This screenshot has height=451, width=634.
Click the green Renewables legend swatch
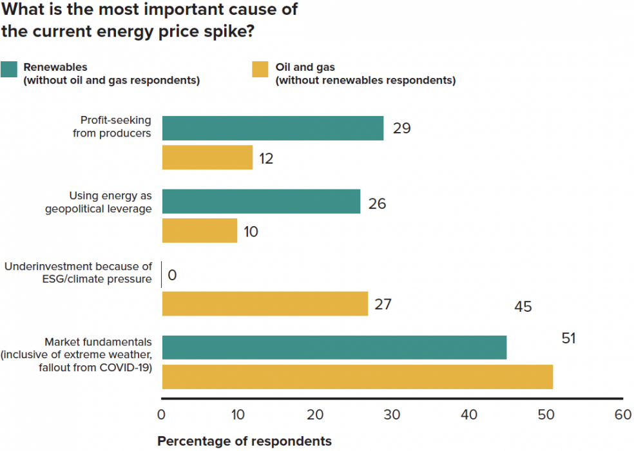pos(9,69)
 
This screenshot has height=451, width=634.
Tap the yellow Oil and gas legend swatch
pos(260,69)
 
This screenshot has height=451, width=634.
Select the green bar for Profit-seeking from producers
pos(273,128)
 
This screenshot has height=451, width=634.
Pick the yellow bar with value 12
pos(207,157)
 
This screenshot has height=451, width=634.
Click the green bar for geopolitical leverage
pos(261,201)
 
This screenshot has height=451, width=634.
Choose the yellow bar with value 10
pos(200,231)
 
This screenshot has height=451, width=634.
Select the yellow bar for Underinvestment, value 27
pos(265,303)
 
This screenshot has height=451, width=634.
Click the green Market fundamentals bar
pos(334,347)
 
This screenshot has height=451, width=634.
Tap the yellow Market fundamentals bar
pos(357,377)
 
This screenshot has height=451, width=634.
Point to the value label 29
pos(401,128)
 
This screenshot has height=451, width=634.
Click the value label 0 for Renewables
pos(172,276)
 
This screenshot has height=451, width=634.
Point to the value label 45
pos(523,307)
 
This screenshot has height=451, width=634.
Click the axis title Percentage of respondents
pos(244,441)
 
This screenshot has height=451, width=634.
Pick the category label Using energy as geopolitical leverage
pos(98,202)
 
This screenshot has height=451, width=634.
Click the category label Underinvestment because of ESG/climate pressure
pos(78,273)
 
